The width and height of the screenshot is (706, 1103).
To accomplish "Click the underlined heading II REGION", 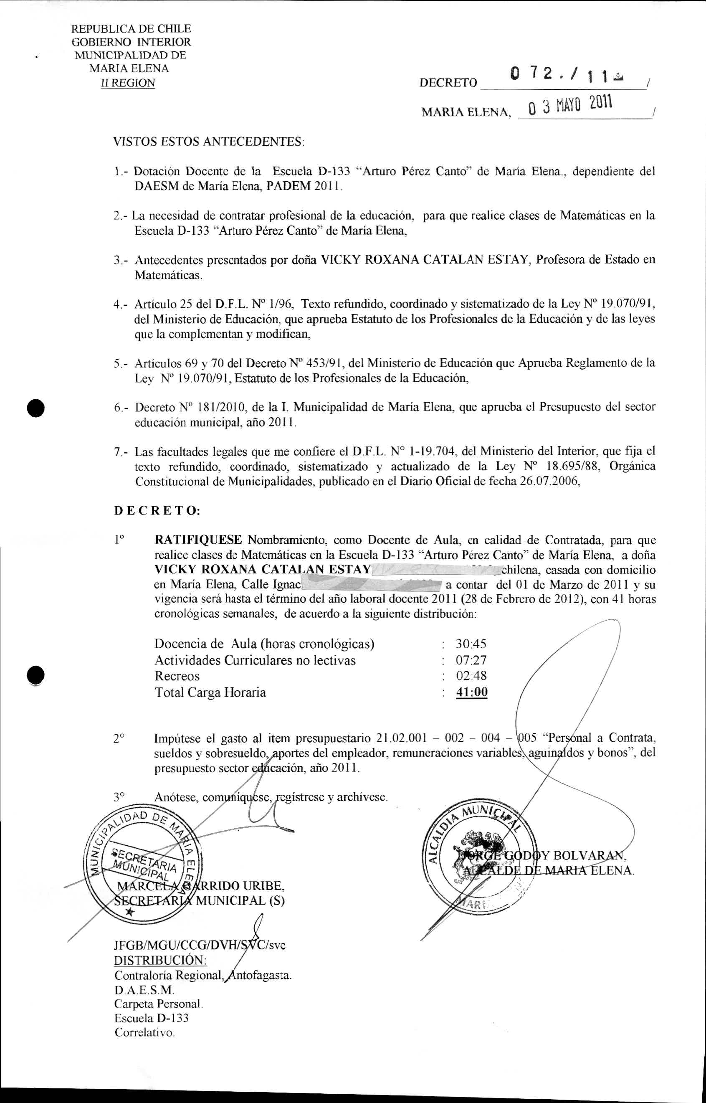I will pos(128,83).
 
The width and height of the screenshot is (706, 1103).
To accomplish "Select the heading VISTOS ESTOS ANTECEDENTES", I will pos(209,141).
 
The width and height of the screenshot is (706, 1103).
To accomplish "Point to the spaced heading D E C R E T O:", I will pos(157,510).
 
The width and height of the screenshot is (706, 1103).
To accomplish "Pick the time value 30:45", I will pos(471,644).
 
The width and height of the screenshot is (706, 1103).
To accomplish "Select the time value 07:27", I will pos(471,660).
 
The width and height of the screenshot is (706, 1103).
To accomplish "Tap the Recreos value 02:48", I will pos(471,676).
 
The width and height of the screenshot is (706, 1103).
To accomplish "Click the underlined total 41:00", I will pos(471,692).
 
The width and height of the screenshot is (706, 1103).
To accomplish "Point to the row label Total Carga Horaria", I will pos(210,692).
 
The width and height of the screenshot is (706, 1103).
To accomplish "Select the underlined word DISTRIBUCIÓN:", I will pos(160,960).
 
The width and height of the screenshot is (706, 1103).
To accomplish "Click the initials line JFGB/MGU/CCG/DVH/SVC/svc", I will pos(200,945).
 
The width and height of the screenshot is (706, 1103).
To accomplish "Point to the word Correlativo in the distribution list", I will pos(144,1033).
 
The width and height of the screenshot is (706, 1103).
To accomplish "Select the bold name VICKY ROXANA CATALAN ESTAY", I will pos(263,570).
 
